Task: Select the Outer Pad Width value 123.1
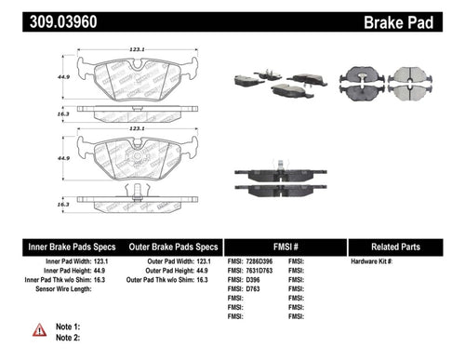209,263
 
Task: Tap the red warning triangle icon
39,330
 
